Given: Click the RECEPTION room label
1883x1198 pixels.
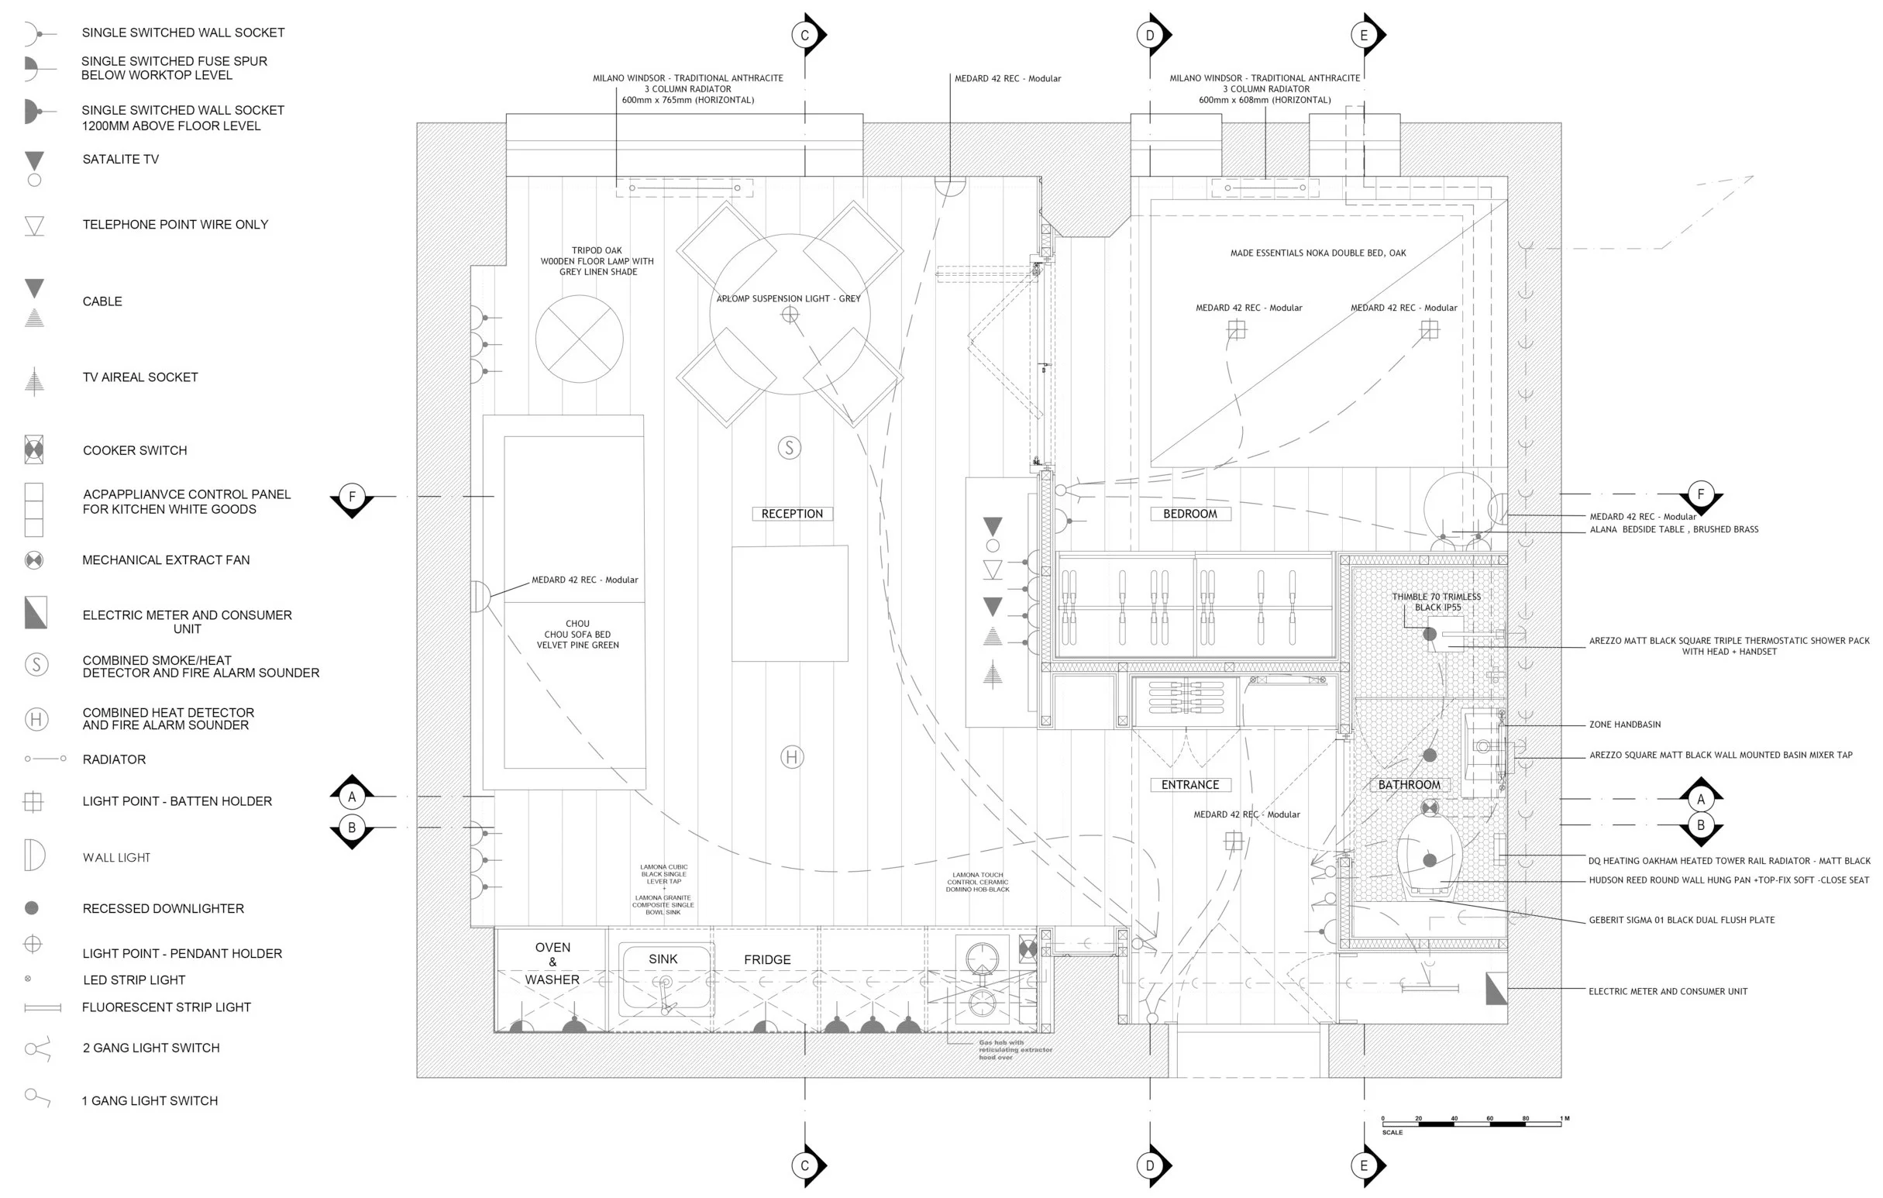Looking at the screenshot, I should (791, 514).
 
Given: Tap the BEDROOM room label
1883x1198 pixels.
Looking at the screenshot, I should (1189, 514).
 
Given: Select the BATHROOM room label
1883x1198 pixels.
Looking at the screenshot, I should (1408, 784).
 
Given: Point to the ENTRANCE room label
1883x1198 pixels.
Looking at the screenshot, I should (1189, 784).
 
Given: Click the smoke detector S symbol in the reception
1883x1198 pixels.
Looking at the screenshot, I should (789, 448).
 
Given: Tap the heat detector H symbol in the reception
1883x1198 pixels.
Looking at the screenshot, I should (791, 757).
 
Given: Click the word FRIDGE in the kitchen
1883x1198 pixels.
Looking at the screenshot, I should (767, 959).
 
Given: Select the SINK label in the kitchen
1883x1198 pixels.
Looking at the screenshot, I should (663, 959).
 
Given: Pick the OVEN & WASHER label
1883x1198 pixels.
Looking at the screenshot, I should (552, 963).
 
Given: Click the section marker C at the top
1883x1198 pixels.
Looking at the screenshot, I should (804, 35).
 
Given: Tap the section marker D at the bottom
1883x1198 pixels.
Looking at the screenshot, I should (1149, 1166).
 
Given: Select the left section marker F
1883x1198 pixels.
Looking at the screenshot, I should (352, 497).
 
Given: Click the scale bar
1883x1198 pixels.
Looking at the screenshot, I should (1471, 1124).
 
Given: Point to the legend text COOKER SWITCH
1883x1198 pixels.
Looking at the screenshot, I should (135, 450).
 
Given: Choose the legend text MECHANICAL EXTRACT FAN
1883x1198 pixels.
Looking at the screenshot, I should (166, 560).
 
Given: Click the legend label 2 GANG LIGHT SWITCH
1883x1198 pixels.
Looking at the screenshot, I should (151, 1048).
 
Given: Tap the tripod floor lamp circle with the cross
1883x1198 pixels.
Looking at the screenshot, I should (579, 339).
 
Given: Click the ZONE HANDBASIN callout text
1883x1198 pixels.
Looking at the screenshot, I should (1625, 725).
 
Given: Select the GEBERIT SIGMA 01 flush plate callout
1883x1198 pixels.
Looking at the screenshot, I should (1682, 921).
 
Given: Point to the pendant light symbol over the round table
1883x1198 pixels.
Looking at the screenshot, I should (790, 315).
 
